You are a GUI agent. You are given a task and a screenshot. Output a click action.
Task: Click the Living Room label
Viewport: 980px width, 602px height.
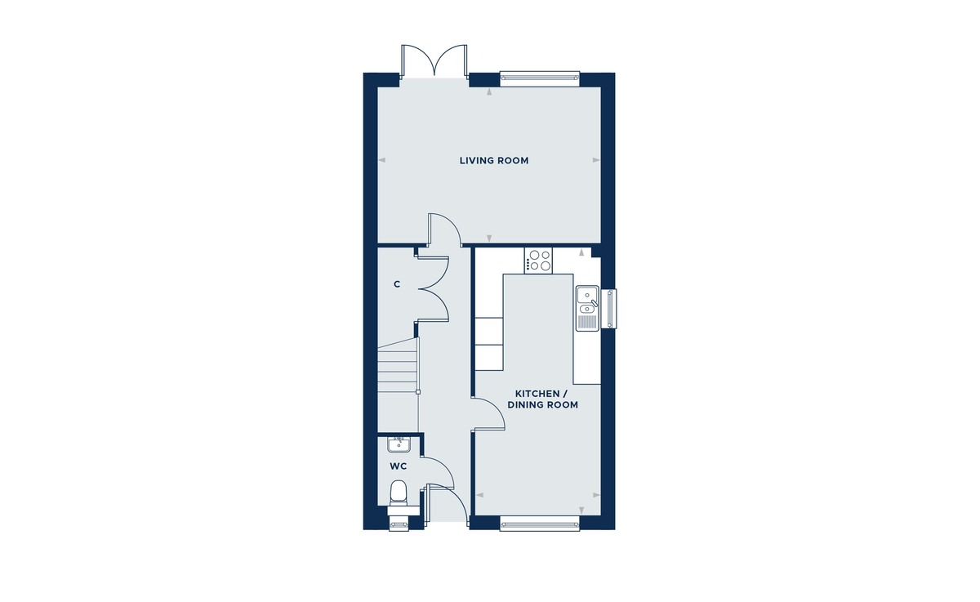pyautogui.click(x=493, y=161)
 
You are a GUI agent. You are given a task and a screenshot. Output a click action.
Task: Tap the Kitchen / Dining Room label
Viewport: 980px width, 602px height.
pyautogui.click(x=542, y=399)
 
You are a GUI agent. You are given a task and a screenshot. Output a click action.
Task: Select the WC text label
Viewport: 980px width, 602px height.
pyautogui.click(x=399, y=466)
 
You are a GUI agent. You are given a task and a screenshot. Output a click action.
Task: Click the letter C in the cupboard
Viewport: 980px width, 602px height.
pyautogui.click(x=397, y=284)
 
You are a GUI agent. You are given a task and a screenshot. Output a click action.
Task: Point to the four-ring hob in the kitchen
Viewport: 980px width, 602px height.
pyautogui.click(x=539, y=260)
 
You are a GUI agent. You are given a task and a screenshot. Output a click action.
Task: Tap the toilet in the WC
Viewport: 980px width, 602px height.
pyautogui.click(x=399, y=492)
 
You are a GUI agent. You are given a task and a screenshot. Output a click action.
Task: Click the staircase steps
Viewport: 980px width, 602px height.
pyautogui.click(x=398, y=367)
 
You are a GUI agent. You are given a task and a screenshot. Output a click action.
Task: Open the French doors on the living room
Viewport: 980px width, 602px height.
pyautogui.click(x=434, y=61)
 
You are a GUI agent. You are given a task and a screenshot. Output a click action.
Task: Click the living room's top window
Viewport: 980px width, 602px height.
pyautogui.click(x=538, y=78)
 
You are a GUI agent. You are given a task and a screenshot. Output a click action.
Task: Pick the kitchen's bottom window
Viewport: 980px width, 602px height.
pyautogui.click(x=539, y=523)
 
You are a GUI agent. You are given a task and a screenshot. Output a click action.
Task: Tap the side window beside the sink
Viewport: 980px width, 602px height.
pyautogui.click(x=611, y=310)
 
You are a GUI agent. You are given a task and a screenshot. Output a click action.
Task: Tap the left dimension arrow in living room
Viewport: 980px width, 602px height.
pyautogui.click(x=381, y=161)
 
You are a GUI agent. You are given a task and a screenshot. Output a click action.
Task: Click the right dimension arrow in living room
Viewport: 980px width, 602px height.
pyautogui.click(x=597, y=161)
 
